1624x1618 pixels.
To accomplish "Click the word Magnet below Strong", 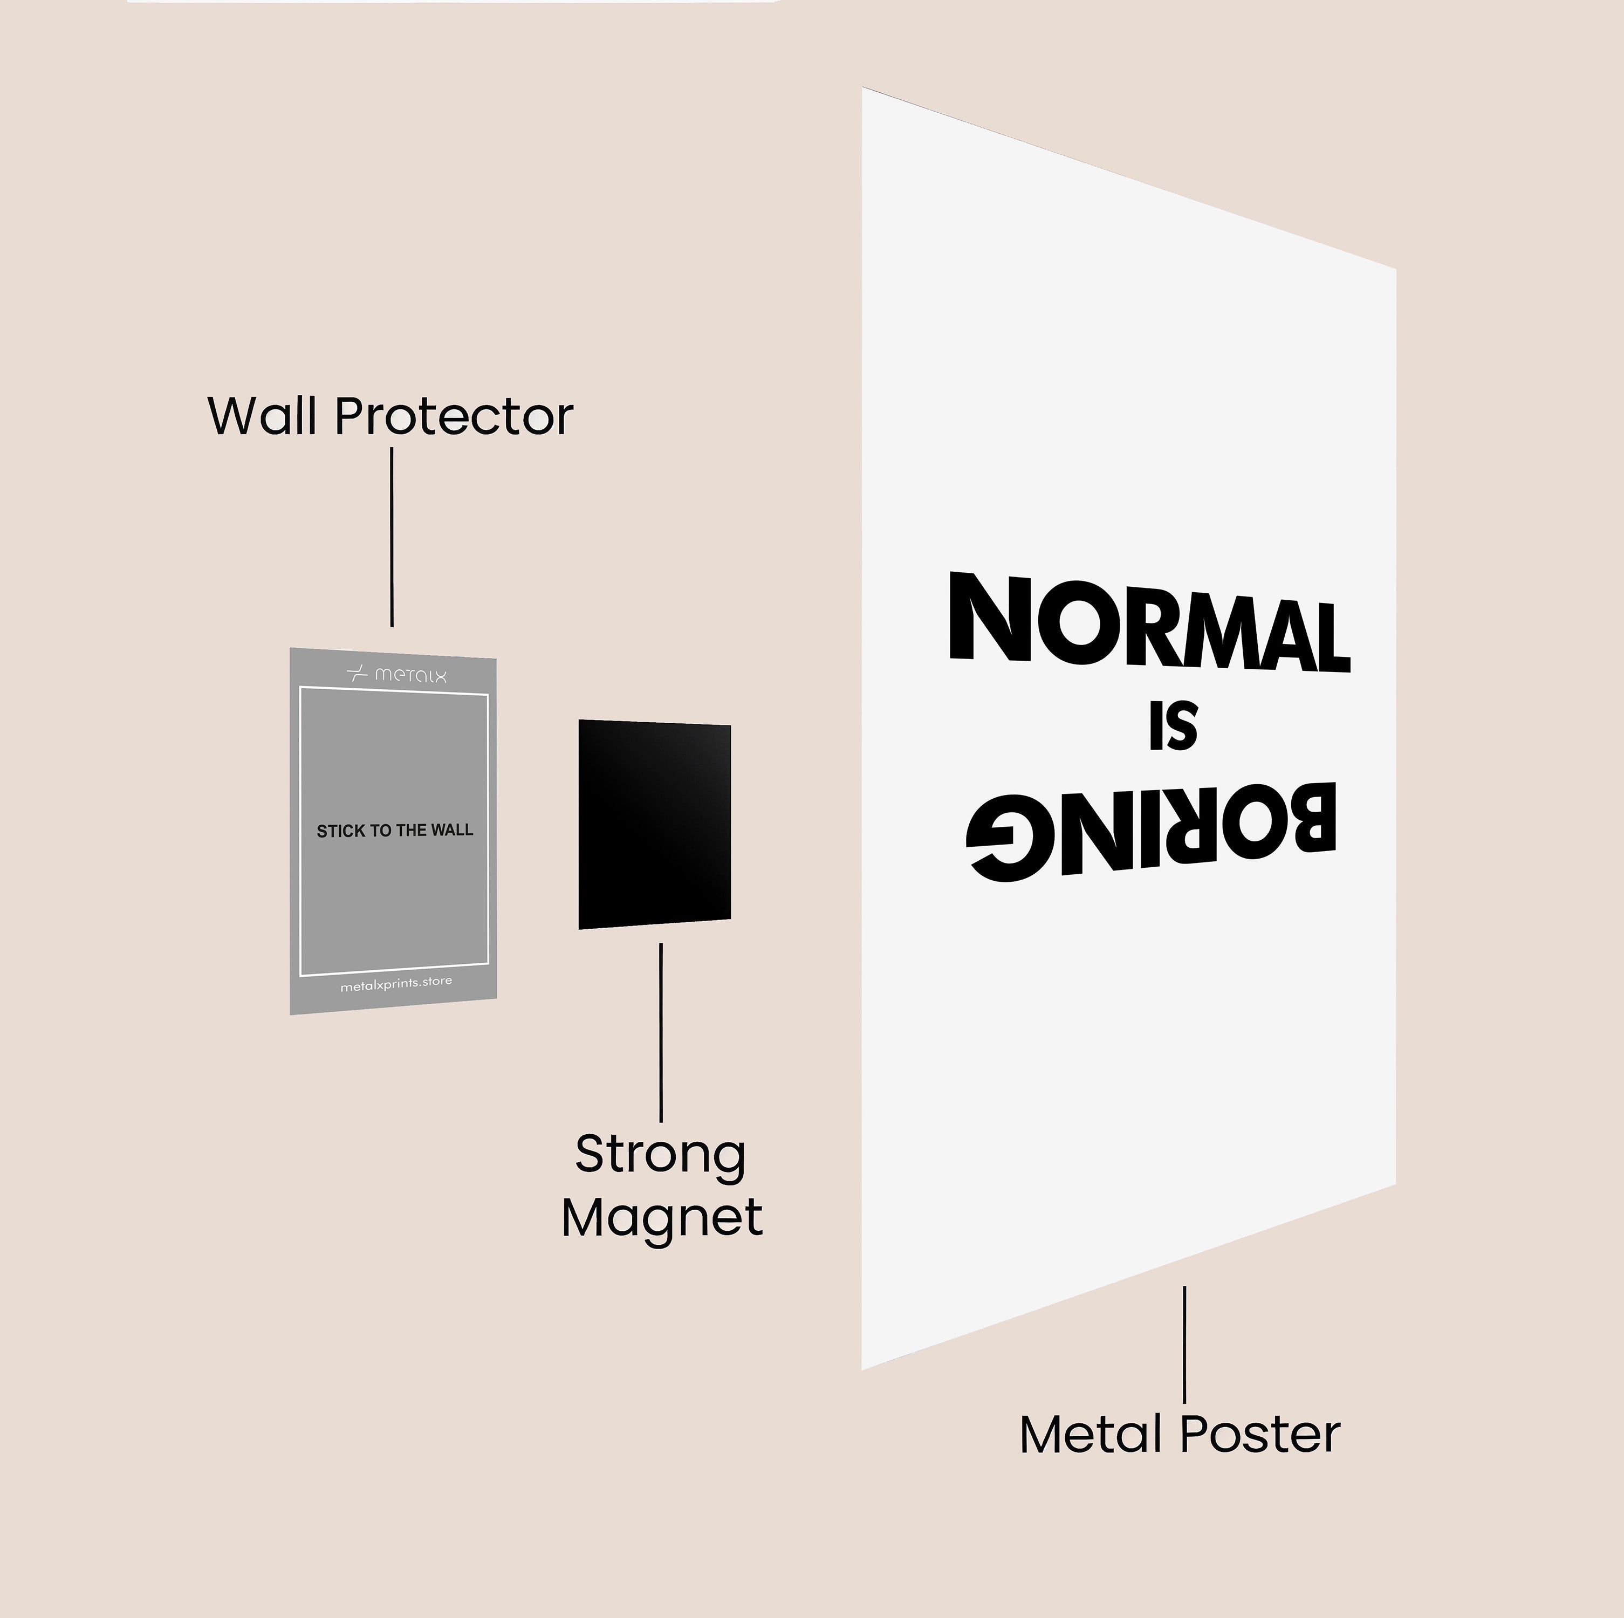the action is [x=662, y=1218].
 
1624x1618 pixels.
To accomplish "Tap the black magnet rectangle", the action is [x=654, y=824].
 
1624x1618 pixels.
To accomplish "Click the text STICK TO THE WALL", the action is [x=394, y=831].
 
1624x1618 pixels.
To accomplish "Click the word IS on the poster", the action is [x=1173, y=726].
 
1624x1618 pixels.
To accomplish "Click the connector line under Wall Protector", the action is [x=392, y=537].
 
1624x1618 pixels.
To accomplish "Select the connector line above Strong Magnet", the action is [x=661, y=1032].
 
